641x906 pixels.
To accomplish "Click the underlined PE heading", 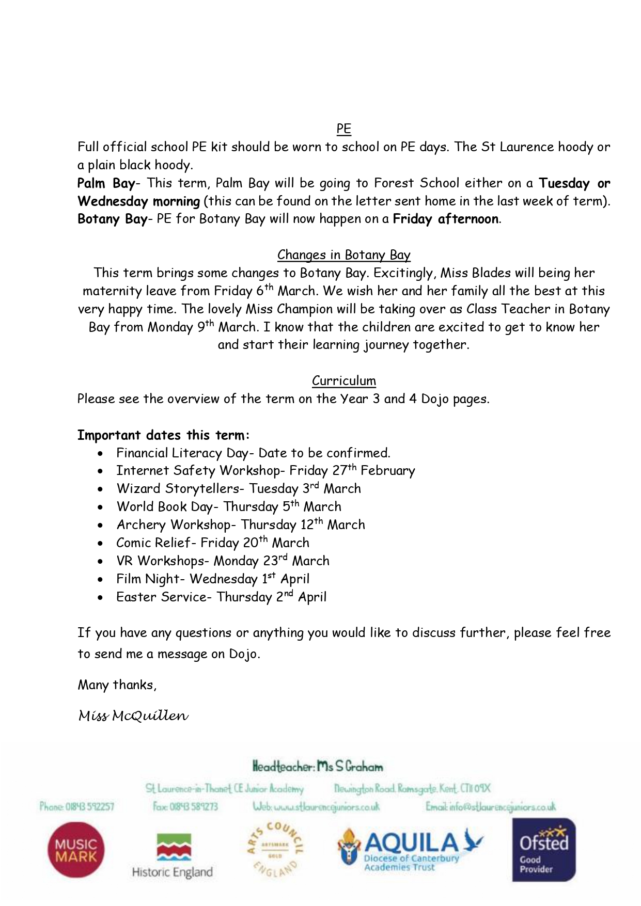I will (x=343, y=129).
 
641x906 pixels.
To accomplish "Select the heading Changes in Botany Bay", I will (x=343, y=255).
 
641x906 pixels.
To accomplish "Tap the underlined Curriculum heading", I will (x=343, y=381).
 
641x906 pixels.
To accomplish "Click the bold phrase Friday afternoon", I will (x=446, y=219).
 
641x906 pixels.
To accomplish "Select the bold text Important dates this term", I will (x=163, y=435).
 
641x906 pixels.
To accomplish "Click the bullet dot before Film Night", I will (x=101, y=580).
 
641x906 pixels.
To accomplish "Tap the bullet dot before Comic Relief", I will (x=101, y=544).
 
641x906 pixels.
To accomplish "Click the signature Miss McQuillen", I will (x=133, y=716).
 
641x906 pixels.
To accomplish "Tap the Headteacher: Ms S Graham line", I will (x=318, y=767).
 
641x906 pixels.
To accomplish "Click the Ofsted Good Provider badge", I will (x=543, y=850).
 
